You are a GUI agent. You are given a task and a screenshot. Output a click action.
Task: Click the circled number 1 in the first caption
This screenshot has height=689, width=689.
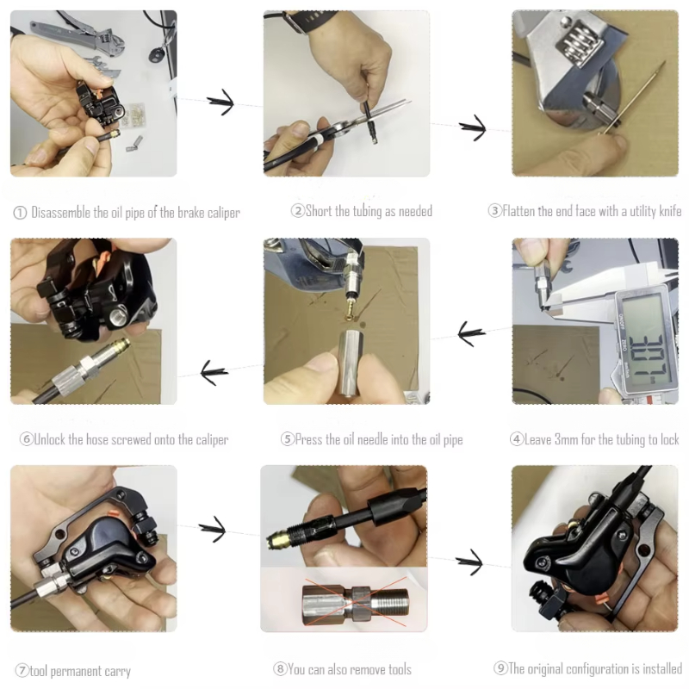click(x=19, y=212)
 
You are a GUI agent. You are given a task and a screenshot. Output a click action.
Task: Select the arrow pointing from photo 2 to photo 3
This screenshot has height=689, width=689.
click(x=472, y=129)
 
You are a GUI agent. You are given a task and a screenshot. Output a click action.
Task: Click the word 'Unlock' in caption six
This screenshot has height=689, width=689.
click(x=53, y=439)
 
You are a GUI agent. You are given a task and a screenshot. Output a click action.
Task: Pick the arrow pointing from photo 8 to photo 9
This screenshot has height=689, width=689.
click(x=469, y=563)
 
